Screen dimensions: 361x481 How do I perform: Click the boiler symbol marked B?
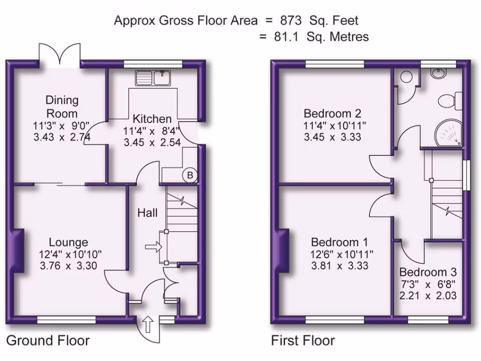190,175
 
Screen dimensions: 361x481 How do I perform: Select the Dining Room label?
62,107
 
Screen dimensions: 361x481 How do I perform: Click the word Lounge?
69,243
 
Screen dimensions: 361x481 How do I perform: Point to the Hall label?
147,213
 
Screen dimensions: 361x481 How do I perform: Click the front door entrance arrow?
147,323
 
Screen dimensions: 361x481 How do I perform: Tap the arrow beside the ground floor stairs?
153,246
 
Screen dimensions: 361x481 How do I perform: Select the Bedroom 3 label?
428,272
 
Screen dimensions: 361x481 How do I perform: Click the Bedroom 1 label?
339,243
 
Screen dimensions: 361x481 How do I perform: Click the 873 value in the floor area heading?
290,21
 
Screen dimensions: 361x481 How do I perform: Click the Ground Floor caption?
47,340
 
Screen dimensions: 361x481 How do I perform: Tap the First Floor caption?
303,340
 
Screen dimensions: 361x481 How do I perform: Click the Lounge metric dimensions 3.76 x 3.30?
69,266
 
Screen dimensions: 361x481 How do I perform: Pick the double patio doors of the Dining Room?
60,55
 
